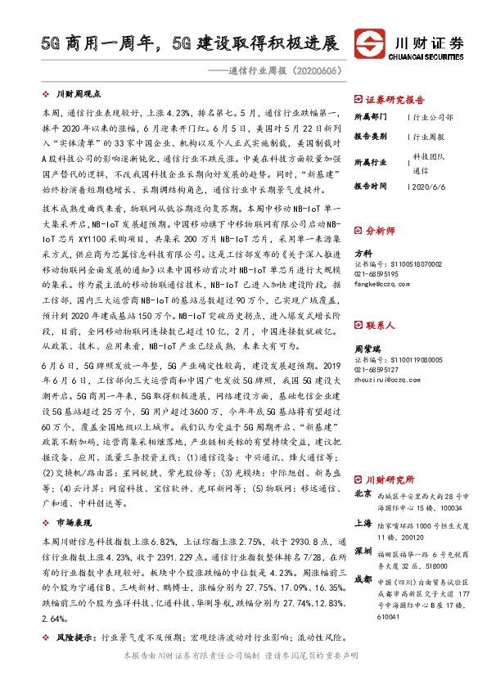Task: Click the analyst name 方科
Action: [x=363, y=254]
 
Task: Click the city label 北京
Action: [x=363, y=494]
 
